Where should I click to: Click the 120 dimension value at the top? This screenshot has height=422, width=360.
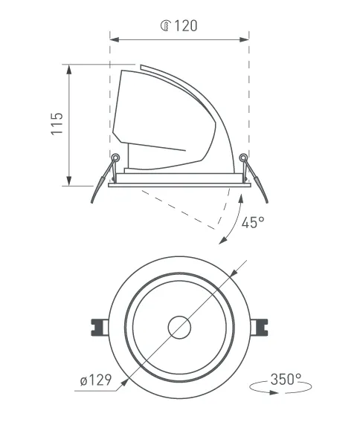pos(186,26)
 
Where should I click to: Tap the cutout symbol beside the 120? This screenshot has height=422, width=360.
pos(166,25)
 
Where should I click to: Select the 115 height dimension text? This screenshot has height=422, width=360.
pos(57,124)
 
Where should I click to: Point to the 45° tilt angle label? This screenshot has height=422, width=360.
pos(253,222)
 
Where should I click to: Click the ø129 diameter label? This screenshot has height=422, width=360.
pos(96,380)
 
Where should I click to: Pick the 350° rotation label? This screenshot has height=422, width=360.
pos(286,379)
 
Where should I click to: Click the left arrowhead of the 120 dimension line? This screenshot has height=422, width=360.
pos(115,40)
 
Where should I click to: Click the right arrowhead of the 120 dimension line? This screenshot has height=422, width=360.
pos(244,40)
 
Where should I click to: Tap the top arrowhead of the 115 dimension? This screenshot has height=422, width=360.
pos(69,69)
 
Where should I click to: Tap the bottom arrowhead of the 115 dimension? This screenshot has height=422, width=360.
pos(69,181)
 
